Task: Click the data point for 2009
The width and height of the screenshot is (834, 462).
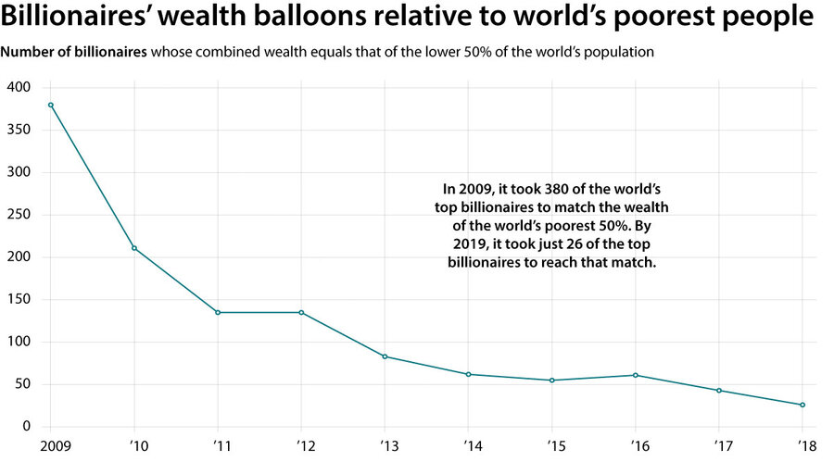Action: click(51, 105)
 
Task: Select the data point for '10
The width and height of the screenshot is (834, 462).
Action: click(134, 248)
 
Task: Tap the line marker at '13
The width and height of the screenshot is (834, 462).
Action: click(385, 356)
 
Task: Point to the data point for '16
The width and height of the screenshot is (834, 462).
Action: click(636, 375)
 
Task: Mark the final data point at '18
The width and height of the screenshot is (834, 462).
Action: click(802, 405)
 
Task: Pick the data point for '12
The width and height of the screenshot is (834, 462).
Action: click(301, 312)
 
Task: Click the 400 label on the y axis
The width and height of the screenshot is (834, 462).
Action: click(19, 87)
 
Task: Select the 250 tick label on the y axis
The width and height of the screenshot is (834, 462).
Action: click(19, 215)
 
